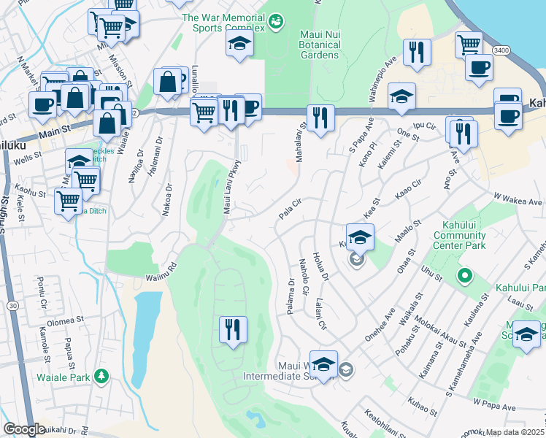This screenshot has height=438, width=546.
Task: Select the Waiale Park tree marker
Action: click(x=102, y=376)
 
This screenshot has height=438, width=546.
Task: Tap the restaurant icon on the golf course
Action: click(x=234, y=329)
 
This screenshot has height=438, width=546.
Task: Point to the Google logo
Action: click(x=24, y=429)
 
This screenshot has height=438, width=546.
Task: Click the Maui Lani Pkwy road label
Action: click(x=231, y=187)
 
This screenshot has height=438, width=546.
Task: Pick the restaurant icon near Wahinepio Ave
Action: click(x=417, y=53)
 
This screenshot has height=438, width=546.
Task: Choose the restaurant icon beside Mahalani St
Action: click(x=320, y=118)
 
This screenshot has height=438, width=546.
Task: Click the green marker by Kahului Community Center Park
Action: click(x=463, y=276)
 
